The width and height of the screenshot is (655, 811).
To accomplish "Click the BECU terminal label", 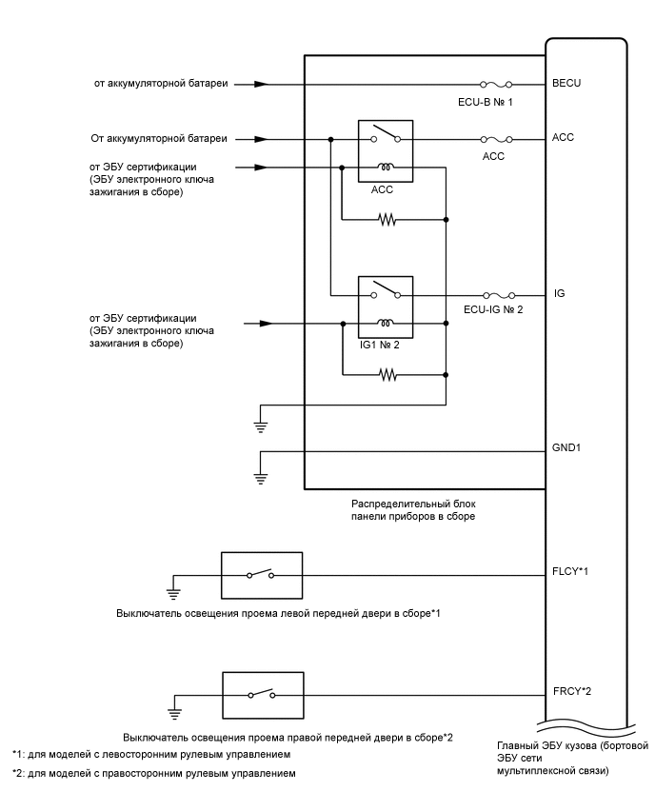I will tap(566, 84).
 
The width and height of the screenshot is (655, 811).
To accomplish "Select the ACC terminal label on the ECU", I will tap(563, 138).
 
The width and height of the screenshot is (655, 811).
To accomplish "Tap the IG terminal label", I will tap(559, 294).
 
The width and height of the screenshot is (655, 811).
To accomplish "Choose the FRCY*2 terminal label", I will tap(573, 693).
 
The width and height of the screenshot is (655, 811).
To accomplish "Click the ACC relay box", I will tap(385, 150).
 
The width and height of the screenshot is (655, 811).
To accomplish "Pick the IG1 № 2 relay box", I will tap(385, 307).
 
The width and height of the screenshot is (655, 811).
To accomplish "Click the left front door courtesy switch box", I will tap(261, 575).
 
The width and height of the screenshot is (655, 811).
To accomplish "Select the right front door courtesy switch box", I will tap(261, 694).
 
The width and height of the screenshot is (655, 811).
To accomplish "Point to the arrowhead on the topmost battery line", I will tap(262, 84).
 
